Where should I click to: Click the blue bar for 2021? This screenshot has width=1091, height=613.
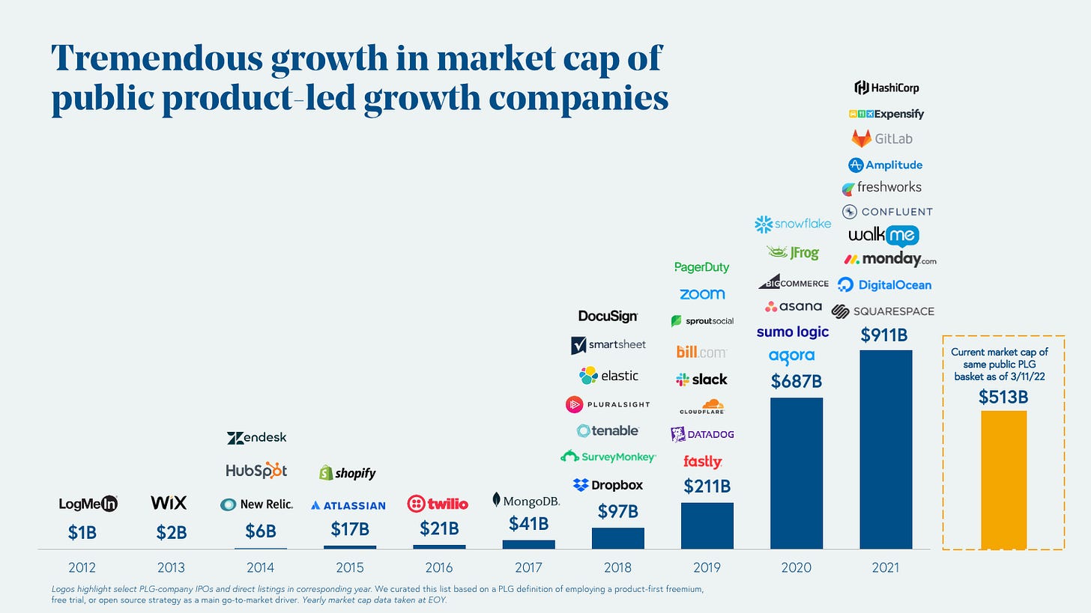click(x=886, y=449)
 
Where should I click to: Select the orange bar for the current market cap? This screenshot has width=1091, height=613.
click(x=1003, y=479)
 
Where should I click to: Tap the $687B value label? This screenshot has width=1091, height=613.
click(x=797, y=382)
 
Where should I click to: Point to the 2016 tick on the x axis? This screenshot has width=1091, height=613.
click(x=438, y=567)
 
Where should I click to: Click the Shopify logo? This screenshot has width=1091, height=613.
click(x=347, y=473)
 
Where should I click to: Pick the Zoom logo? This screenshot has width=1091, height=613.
click(x=702, y=294)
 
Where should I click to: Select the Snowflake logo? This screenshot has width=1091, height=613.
click(x=793, y=224)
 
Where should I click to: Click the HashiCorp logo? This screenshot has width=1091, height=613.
click(x=886, y=88)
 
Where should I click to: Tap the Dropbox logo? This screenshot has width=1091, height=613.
click(x=608, y=485)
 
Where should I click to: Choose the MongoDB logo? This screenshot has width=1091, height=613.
click(x=526, y=500)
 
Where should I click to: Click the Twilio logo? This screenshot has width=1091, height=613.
click(x=438, y=504)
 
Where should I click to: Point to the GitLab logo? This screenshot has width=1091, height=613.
click(x=882, y=138)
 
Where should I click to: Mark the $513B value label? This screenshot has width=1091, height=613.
click(x=1003, y=397)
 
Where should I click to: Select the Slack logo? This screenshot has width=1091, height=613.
click(x=701, y=379)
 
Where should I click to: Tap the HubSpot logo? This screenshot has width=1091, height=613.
click(x=256, y=471)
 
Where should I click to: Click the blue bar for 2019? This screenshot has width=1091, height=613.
click(x=707, y=525)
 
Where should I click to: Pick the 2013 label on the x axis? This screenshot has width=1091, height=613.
click(x=171, y=567)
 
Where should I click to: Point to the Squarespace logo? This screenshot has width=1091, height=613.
click(x=883, y=311)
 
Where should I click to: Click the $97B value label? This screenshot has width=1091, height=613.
click(x=617, y=512)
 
